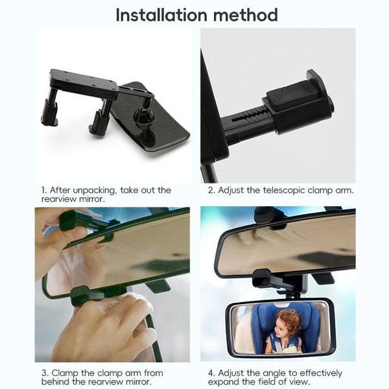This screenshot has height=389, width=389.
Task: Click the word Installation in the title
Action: (161, 15)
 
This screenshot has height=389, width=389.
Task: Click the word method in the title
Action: (246, 15)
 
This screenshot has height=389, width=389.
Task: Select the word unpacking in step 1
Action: (94, 191)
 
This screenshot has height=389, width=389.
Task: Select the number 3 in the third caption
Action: (44, 373)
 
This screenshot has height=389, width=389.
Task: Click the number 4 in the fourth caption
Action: (211, 373)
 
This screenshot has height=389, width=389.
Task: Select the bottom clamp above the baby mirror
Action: (263, 278)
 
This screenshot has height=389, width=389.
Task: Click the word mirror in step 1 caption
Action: (91, 199)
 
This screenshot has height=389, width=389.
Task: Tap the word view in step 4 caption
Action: (301, 382)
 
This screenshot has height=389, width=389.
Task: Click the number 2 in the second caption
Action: (211, 191)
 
